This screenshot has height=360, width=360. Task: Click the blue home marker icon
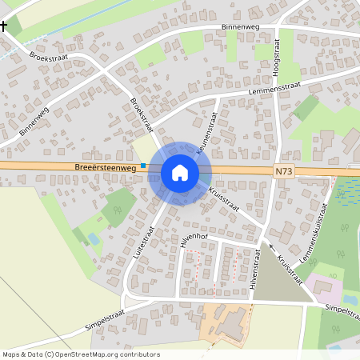tap(180, 172)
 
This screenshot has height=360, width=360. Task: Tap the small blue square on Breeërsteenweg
tap(143, 166)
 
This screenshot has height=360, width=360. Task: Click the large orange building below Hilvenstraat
tap(233, 323)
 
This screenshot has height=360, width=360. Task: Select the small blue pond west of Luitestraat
tap(94, 239)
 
